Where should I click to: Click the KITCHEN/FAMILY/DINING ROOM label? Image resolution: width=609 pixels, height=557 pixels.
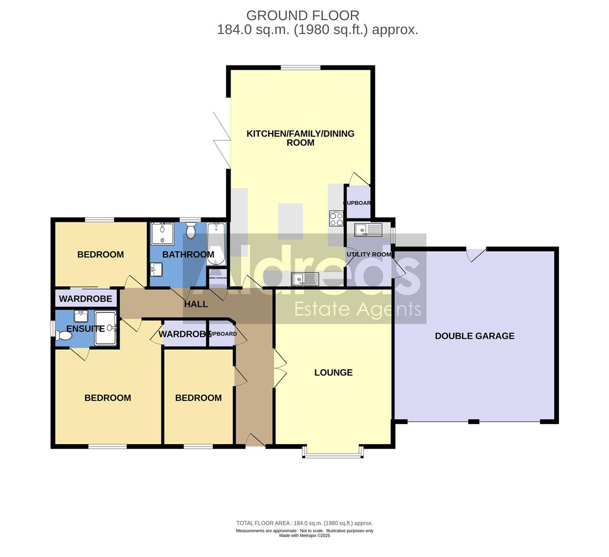coord(300,138)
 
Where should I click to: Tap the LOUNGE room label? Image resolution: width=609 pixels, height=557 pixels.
coord(333,372)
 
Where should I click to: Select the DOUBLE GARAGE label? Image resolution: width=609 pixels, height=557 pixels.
coord(474,336)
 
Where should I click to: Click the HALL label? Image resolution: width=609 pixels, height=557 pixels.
coord(196,304)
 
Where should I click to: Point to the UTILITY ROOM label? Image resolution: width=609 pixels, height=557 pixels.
coord(369,254)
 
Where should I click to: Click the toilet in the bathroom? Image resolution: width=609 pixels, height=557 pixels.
coord(191,231)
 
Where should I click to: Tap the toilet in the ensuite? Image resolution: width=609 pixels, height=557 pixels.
coord(64,336)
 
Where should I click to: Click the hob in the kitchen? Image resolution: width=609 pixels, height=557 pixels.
coord(336,219)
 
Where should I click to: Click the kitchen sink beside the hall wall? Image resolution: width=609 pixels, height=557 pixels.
coord(305,279)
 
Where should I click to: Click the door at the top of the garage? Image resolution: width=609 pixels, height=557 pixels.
coord(476,253)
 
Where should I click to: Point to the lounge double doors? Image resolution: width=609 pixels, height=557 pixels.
coord(279,368)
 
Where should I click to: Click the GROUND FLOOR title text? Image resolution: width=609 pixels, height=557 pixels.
coord(303,15)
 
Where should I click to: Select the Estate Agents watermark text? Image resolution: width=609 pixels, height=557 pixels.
coord(357,309)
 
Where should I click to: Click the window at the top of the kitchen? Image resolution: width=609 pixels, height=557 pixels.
coord(300,68)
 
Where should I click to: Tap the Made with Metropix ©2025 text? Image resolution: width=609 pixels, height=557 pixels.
coord(304,536)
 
